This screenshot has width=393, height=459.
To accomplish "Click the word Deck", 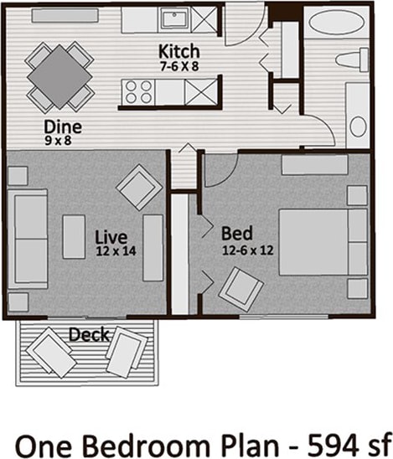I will point(87,335).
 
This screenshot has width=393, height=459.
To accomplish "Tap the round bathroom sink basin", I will point(358,126).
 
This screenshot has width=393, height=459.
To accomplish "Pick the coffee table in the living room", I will point(74,236).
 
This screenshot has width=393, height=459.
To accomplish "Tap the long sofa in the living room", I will point(28,239).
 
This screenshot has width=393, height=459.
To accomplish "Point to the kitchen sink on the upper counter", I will point(174,18).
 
